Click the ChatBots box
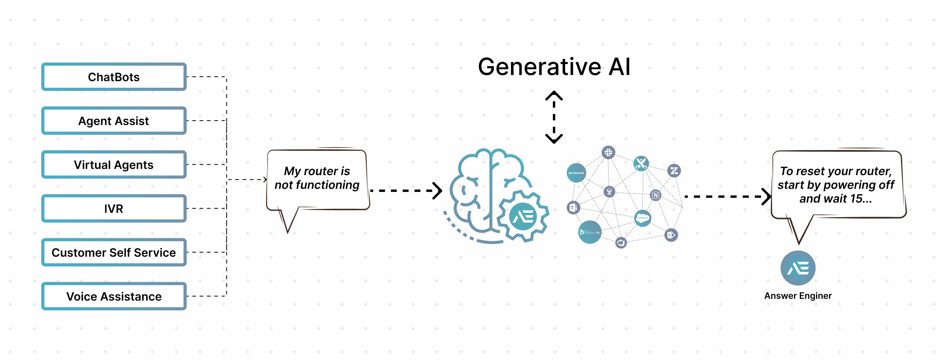114,77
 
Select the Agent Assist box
114,121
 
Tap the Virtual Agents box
114,165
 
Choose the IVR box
114,208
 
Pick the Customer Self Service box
114,252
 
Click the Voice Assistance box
114,296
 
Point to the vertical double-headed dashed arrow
554,117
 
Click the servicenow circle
576,173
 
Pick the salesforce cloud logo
643,218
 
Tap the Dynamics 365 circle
590,232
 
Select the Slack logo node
609,152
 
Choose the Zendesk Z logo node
674,171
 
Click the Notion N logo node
656,195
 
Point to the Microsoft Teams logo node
573,207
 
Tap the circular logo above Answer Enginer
798,268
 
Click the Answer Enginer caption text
798,296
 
